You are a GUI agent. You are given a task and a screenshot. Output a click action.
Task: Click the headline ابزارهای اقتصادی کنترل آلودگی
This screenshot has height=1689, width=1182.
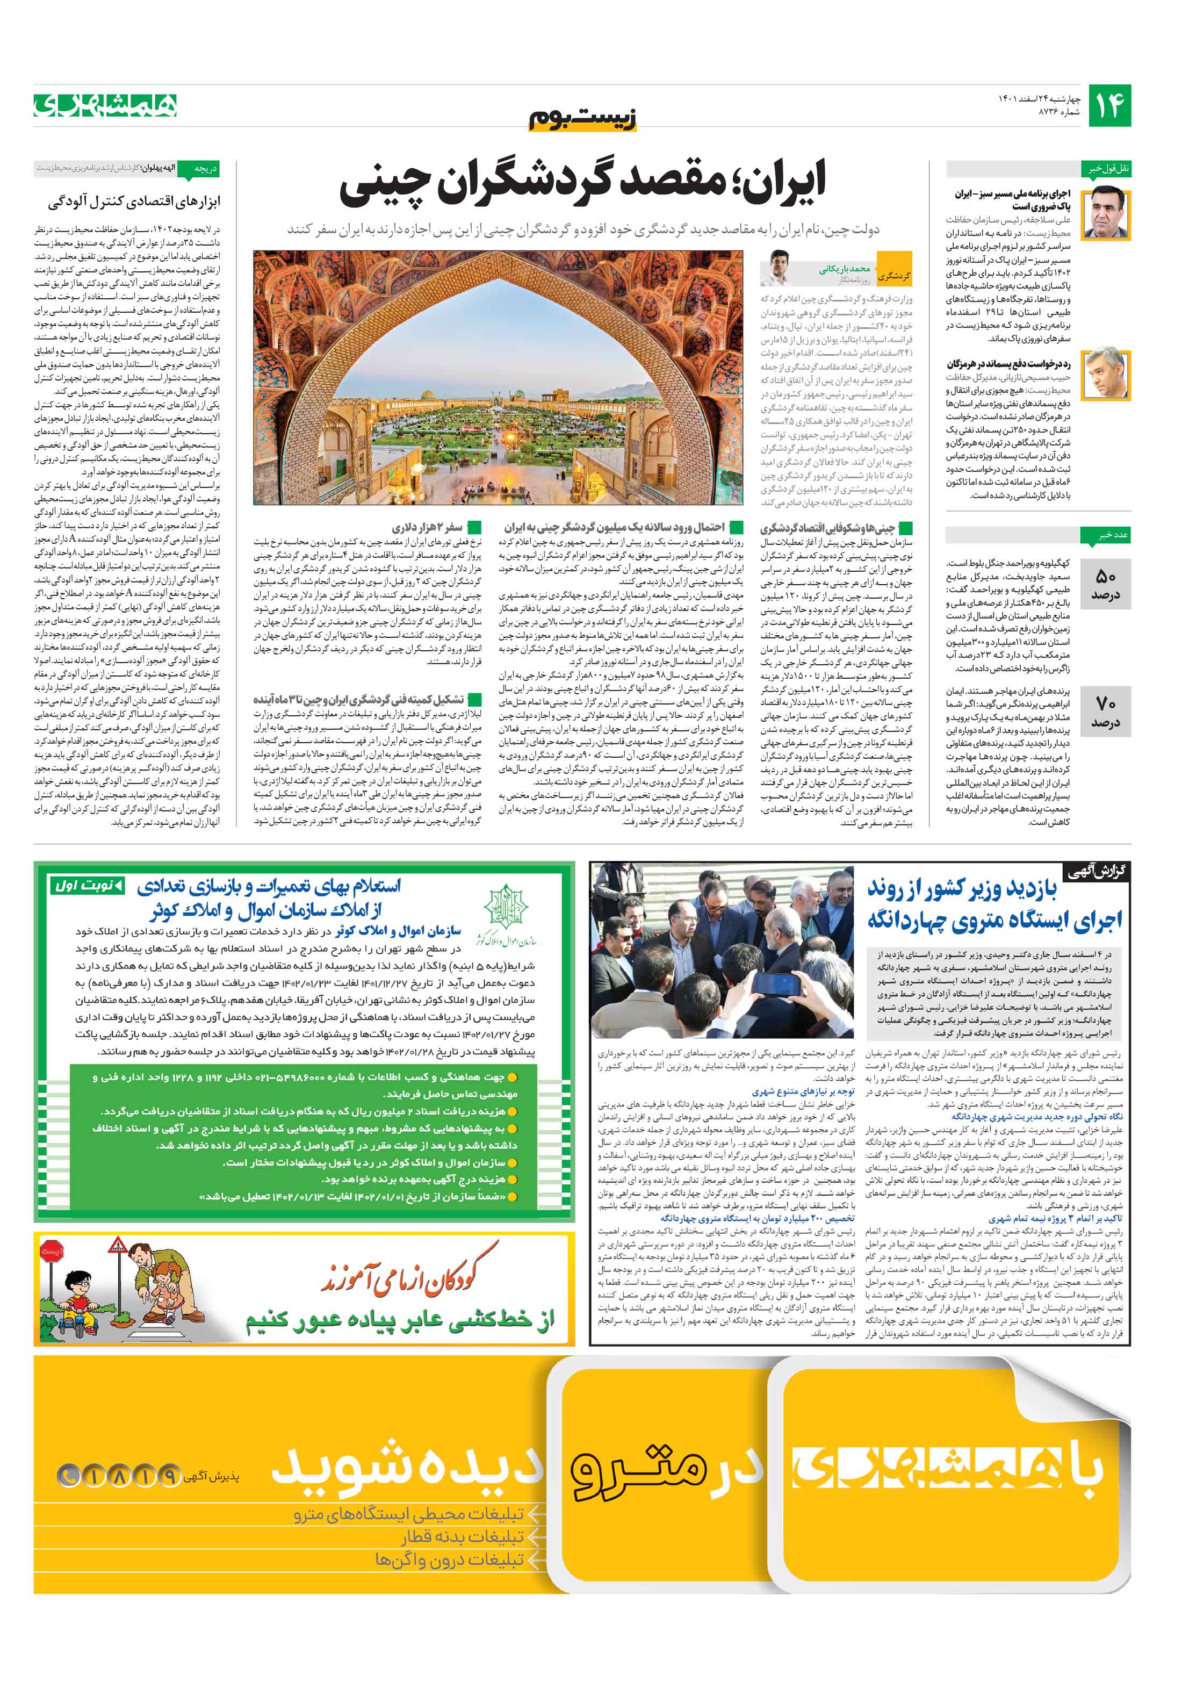tap(134, 202)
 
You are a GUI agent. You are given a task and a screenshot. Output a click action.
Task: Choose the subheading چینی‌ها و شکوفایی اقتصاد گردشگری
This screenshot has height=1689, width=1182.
tap(828, 528)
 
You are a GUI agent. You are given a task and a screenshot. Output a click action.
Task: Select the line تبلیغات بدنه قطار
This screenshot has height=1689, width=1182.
tap(463, 1537)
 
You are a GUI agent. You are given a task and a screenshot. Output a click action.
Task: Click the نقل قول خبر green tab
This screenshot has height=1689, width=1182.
tap(1105, 168)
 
